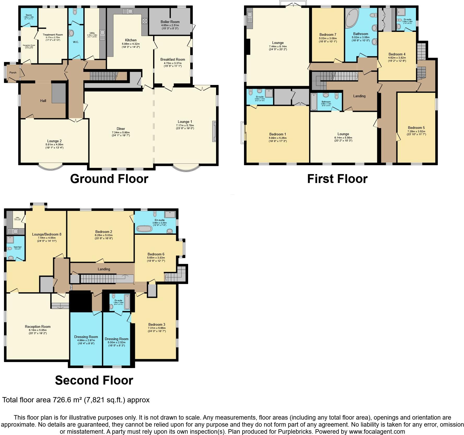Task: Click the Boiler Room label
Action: [170, 22]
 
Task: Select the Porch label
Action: [13, 73]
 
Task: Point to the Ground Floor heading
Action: [109, 179]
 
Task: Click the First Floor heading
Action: [337, 179]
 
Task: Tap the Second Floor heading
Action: [94, 380]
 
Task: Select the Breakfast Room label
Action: [172, 59]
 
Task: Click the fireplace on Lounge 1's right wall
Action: [214, 131]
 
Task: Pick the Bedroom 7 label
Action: [328, 35]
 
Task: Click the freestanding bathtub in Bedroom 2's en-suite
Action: [144, 229]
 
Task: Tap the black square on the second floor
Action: [80, 301]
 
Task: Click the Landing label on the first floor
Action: [359, 96]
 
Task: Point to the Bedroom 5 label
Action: [416, 128]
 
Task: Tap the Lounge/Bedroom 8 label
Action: [47, 234]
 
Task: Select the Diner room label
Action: [121, 129]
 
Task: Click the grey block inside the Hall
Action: [59, 93]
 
